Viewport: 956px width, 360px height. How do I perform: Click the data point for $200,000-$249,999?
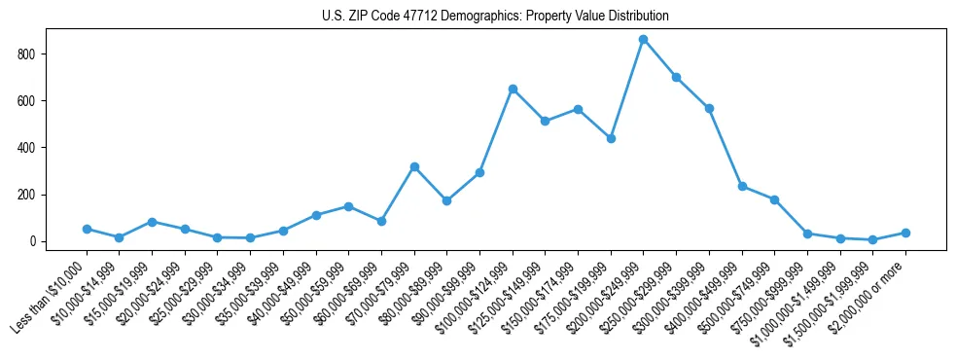pos(643,40)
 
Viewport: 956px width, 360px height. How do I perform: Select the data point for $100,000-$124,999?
pos(513,89)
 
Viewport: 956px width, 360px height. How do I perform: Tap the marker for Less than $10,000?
pos(87,229)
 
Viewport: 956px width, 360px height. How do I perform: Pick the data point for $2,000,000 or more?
pos(905,233)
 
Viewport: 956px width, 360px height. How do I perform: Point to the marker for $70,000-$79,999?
pos(414,167)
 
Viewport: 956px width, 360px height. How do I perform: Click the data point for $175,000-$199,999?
pos(611,138)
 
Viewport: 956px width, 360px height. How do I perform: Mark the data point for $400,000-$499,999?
pos(742,186)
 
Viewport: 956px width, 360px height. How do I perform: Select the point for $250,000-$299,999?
pos(676,77)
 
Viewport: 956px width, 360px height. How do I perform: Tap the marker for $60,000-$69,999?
pos(381,221)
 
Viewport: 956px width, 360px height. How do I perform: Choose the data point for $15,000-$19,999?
pos(152,222)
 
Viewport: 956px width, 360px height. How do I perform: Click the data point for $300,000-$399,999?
pos(709,108)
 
